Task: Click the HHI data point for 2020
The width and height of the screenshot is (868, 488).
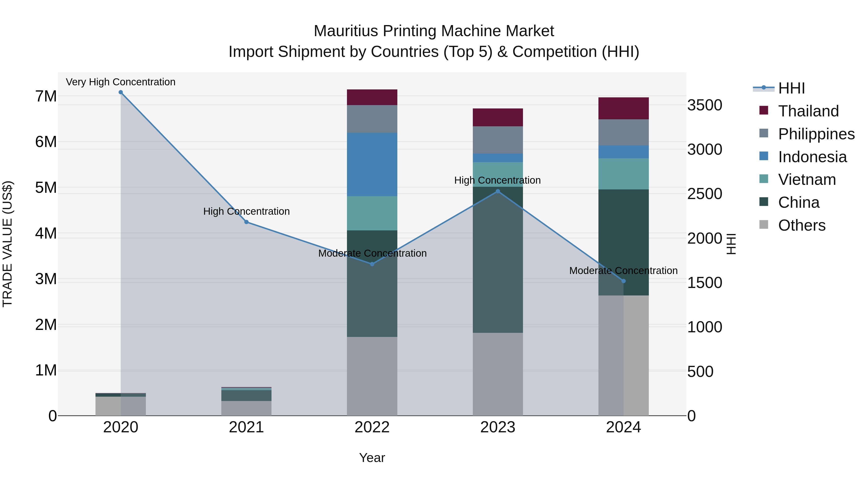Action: coord(121,92)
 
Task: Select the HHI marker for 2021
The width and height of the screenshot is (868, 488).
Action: coord(246,222)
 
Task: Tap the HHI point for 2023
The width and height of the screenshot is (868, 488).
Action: coord(498,191)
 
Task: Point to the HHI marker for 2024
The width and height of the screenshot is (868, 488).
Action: coord(623,281)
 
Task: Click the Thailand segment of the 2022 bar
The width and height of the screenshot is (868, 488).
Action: coord(372,97)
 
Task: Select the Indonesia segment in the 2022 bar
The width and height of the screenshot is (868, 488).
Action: coord(372,164)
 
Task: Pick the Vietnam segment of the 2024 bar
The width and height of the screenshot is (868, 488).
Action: coord(623,174)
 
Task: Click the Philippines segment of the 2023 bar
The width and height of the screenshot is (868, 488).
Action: coord(498,140)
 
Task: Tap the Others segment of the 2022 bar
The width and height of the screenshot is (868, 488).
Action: coord(372,376)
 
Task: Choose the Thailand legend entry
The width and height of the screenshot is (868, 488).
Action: coord(808,111)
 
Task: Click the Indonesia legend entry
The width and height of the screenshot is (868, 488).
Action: coord(812,157)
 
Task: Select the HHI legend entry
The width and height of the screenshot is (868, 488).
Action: coord(791,88)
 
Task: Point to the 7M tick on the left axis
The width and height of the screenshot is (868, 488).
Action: coord(46,96)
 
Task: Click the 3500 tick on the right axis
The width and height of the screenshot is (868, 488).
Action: coord(705,105)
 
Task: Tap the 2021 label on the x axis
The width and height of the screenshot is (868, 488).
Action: coord(246,427)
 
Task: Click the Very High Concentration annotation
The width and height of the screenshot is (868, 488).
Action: coord(121,82)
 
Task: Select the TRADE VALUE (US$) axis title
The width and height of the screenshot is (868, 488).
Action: coord(8,244)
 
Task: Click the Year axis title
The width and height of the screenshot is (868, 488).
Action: coord(372,458)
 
